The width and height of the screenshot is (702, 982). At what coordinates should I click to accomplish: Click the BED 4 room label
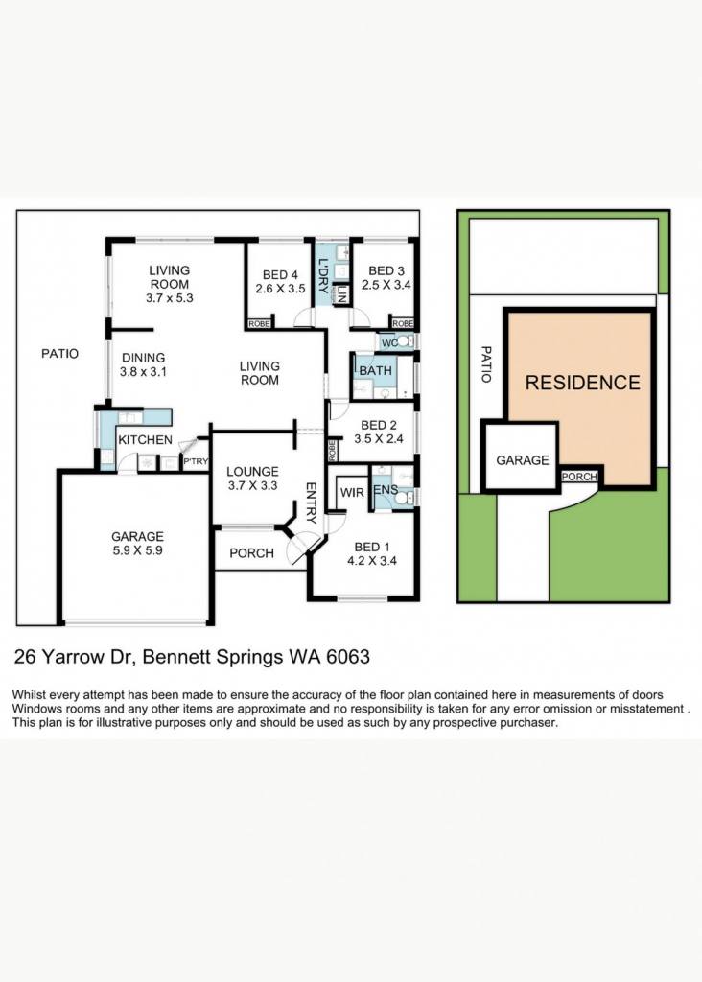click(280, 274)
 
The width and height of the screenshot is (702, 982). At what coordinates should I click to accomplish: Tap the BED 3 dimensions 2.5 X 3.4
click(386, 284)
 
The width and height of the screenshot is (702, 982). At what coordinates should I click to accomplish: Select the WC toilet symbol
click(405, 342)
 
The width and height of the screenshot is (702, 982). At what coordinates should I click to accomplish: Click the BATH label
click(375, 370)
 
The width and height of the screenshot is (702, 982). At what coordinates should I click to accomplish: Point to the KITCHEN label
click(145, 439)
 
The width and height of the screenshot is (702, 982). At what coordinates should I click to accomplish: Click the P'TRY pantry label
click(196, 461)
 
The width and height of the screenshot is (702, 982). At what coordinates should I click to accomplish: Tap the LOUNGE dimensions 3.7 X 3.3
click(252, 485)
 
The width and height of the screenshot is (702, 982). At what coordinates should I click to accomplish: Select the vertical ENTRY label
click(312, 503)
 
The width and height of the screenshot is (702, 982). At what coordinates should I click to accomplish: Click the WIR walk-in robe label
click(352, 493)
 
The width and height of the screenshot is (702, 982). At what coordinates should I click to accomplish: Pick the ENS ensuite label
click(386, 489)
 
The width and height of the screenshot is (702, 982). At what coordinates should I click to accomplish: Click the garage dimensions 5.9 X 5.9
click(137, 550)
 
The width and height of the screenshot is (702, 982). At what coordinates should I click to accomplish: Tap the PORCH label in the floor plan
click(252, 553)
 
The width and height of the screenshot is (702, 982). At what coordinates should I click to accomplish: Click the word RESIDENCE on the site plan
click(582, 383)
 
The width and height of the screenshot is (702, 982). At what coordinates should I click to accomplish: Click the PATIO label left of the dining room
click(60, 354)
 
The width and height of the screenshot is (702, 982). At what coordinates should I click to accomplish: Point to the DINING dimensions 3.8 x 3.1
click(144, 371)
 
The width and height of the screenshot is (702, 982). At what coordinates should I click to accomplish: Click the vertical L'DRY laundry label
click(323, 276)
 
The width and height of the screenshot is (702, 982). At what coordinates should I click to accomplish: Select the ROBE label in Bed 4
click(259, 324)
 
